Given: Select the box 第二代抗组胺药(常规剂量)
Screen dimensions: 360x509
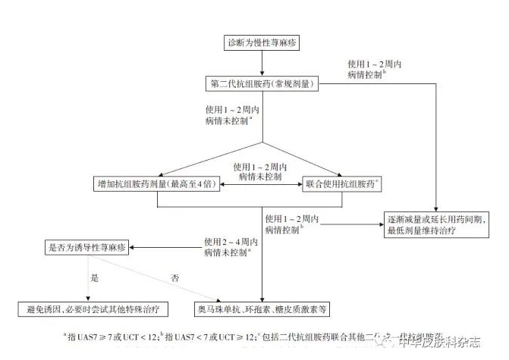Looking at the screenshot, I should [262, 82].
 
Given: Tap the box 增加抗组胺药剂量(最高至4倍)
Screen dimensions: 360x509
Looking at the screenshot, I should [156, 184].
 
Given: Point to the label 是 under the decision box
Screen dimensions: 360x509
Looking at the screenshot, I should [95, 278].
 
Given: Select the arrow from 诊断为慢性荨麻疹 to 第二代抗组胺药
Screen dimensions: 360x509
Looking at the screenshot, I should [262, 62].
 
